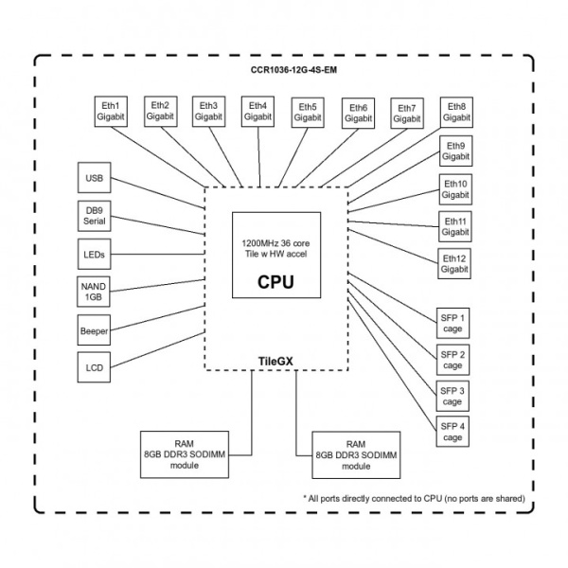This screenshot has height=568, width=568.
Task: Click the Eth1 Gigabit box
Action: (x=109, y=111)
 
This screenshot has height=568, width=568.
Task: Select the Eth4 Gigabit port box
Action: (x=257, y=111)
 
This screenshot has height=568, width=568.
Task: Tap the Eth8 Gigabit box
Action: (x=455, y=111)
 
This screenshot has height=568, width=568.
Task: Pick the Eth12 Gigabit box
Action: (x=454, y=263)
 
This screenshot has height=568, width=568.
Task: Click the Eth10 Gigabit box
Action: (x=454, y=189)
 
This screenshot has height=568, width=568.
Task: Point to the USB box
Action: (x=95, y=178)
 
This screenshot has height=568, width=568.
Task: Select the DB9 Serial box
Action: (x=95, y=216)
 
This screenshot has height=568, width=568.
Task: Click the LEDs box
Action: (x=95, y=255)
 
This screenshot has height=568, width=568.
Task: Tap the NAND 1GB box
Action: (x=95, y=292)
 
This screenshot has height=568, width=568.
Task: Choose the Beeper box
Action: (x=95, y=330)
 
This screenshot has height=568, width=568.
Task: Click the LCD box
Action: (x=95, y=367)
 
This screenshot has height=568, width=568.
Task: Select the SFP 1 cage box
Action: (x=453, y=322)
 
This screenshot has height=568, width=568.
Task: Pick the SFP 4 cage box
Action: (x=453, y=432)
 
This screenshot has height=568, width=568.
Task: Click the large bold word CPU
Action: (x=275, y=282)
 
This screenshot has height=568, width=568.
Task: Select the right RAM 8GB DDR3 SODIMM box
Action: (x=356, y=455)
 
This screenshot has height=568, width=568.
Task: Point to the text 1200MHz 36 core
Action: (x=275, y=244)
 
